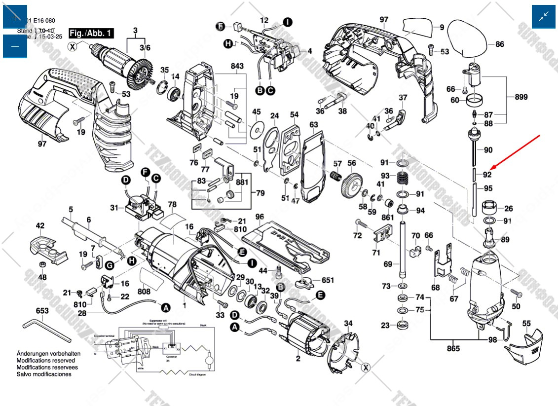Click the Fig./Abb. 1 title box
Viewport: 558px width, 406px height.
point(91,34)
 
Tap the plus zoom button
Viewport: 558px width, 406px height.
point(15,17)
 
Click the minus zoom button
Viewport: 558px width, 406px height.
point(15,46)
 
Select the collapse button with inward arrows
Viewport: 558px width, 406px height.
point(543,17)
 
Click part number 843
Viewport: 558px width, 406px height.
point(237,66)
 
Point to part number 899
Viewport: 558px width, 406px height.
point(521,97)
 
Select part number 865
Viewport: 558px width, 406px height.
point(453,349)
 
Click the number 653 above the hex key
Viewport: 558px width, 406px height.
point(42,311)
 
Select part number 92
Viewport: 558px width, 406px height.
point(487,174)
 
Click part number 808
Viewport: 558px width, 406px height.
point(144,292)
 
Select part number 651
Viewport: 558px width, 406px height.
point(328,280)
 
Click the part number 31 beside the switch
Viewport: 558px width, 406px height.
point(114,208)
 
